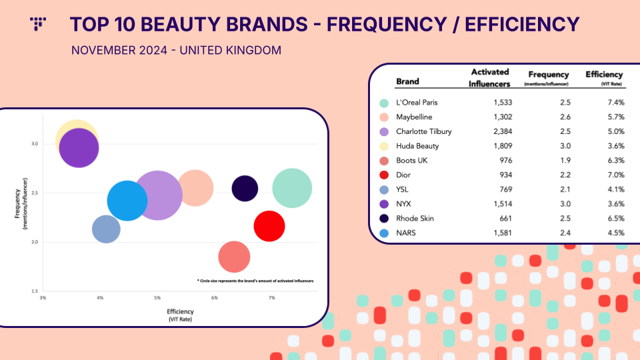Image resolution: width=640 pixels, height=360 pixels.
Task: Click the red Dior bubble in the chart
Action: coord(269,226)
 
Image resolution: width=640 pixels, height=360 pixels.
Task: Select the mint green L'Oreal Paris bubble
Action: coord(291,188)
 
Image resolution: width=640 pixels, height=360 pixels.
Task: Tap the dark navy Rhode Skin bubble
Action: coord(245,188)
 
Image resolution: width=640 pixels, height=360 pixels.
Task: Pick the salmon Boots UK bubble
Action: coord(234,257)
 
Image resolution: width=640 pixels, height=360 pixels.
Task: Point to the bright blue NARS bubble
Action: coord(127,200)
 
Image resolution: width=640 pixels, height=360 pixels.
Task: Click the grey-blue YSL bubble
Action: coord(105,229)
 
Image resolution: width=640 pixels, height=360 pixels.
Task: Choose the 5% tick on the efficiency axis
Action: coord(157,297)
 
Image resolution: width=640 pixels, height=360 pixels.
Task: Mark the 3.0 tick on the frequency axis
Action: coord(34,143)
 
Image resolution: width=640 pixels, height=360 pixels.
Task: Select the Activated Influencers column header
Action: coord(489,77)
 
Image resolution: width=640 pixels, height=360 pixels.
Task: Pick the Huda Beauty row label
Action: coord(417,146)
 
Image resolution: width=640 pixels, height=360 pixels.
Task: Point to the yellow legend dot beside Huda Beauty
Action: coord(383,146)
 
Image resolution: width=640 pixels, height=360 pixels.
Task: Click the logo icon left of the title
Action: coord(38,23)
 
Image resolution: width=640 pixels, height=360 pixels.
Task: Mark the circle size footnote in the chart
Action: coord(255,281)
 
